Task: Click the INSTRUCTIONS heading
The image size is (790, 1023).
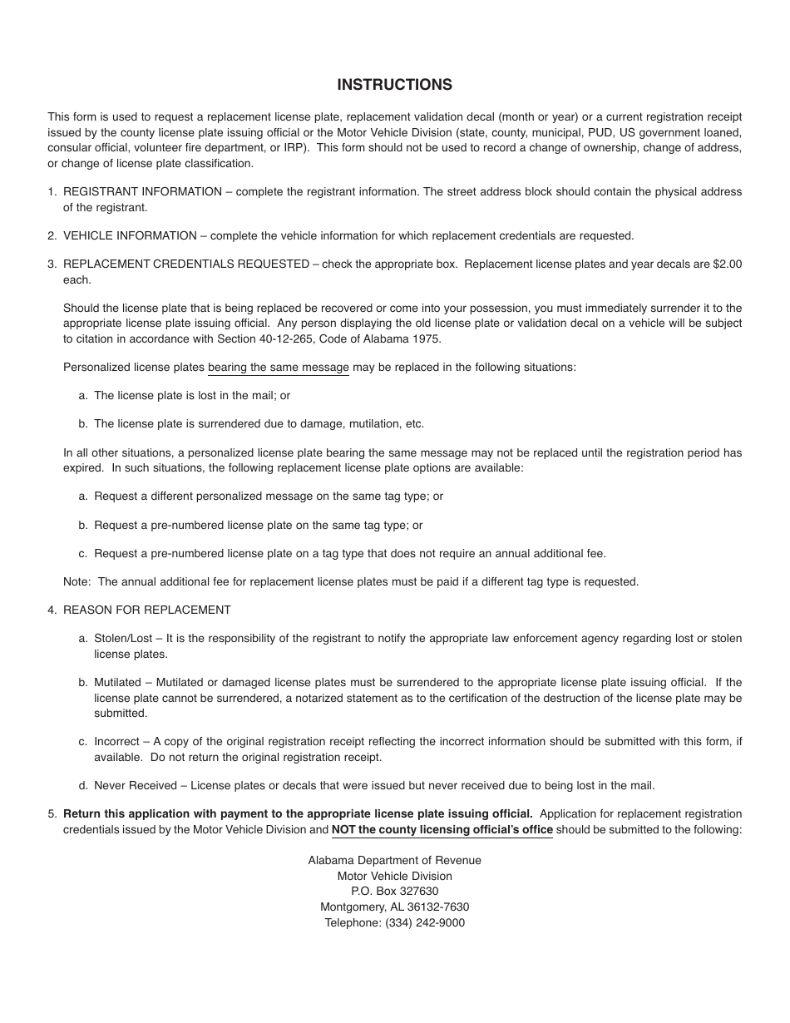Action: click(394, 85)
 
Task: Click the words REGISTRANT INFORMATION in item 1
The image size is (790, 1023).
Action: click(142, 191)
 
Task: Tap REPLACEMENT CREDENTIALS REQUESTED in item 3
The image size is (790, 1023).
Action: click(186, 264)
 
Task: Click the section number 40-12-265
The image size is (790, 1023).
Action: click(332, 338)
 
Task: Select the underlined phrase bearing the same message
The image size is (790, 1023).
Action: click(279, 367)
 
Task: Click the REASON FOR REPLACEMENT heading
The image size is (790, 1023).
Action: click(147, 610)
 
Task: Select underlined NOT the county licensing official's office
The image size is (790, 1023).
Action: click(442, 829)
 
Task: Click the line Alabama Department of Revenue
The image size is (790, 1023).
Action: click(394, 860)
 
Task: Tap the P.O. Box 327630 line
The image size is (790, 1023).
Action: click(394, 891)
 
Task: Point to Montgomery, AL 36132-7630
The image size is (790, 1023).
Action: click(394, 907)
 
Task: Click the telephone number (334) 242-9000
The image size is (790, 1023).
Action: click(425, 922)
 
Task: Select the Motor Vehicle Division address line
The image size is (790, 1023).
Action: click(394, 876)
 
